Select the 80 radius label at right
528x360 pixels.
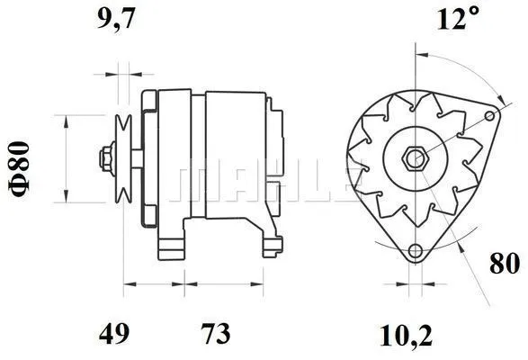pos(505,265)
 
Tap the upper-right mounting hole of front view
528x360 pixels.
pos(490,115)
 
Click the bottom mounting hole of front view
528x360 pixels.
pos(415,252)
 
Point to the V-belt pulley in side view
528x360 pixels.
pos(123,159)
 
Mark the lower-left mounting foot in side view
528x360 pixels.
pos(171,244)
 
